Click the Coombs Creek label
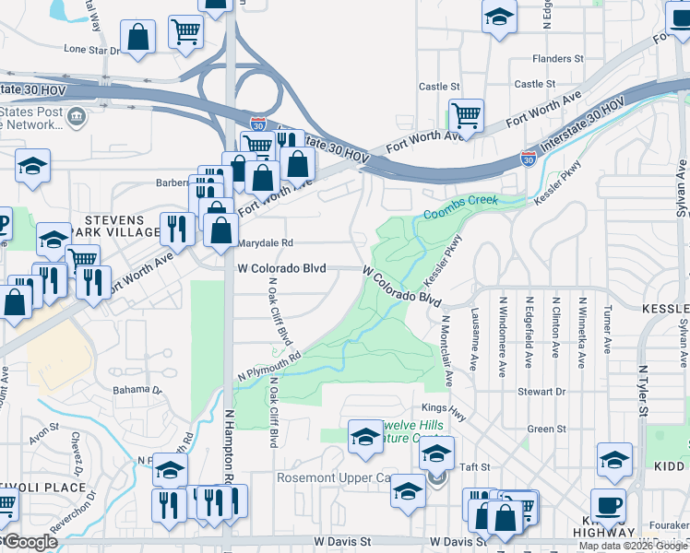[461, 207]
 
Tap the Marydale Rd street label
[266, 243]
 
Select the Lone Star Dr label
[92, 50]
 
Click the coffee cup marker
[609, 506]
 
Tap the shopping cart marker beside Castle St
[468, 116]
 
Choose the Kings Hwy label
[440, 407]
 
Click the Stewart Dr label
[541, 392]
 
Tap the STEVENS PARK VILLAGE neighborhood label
[114, 227]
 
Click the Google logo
[30, 543]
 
